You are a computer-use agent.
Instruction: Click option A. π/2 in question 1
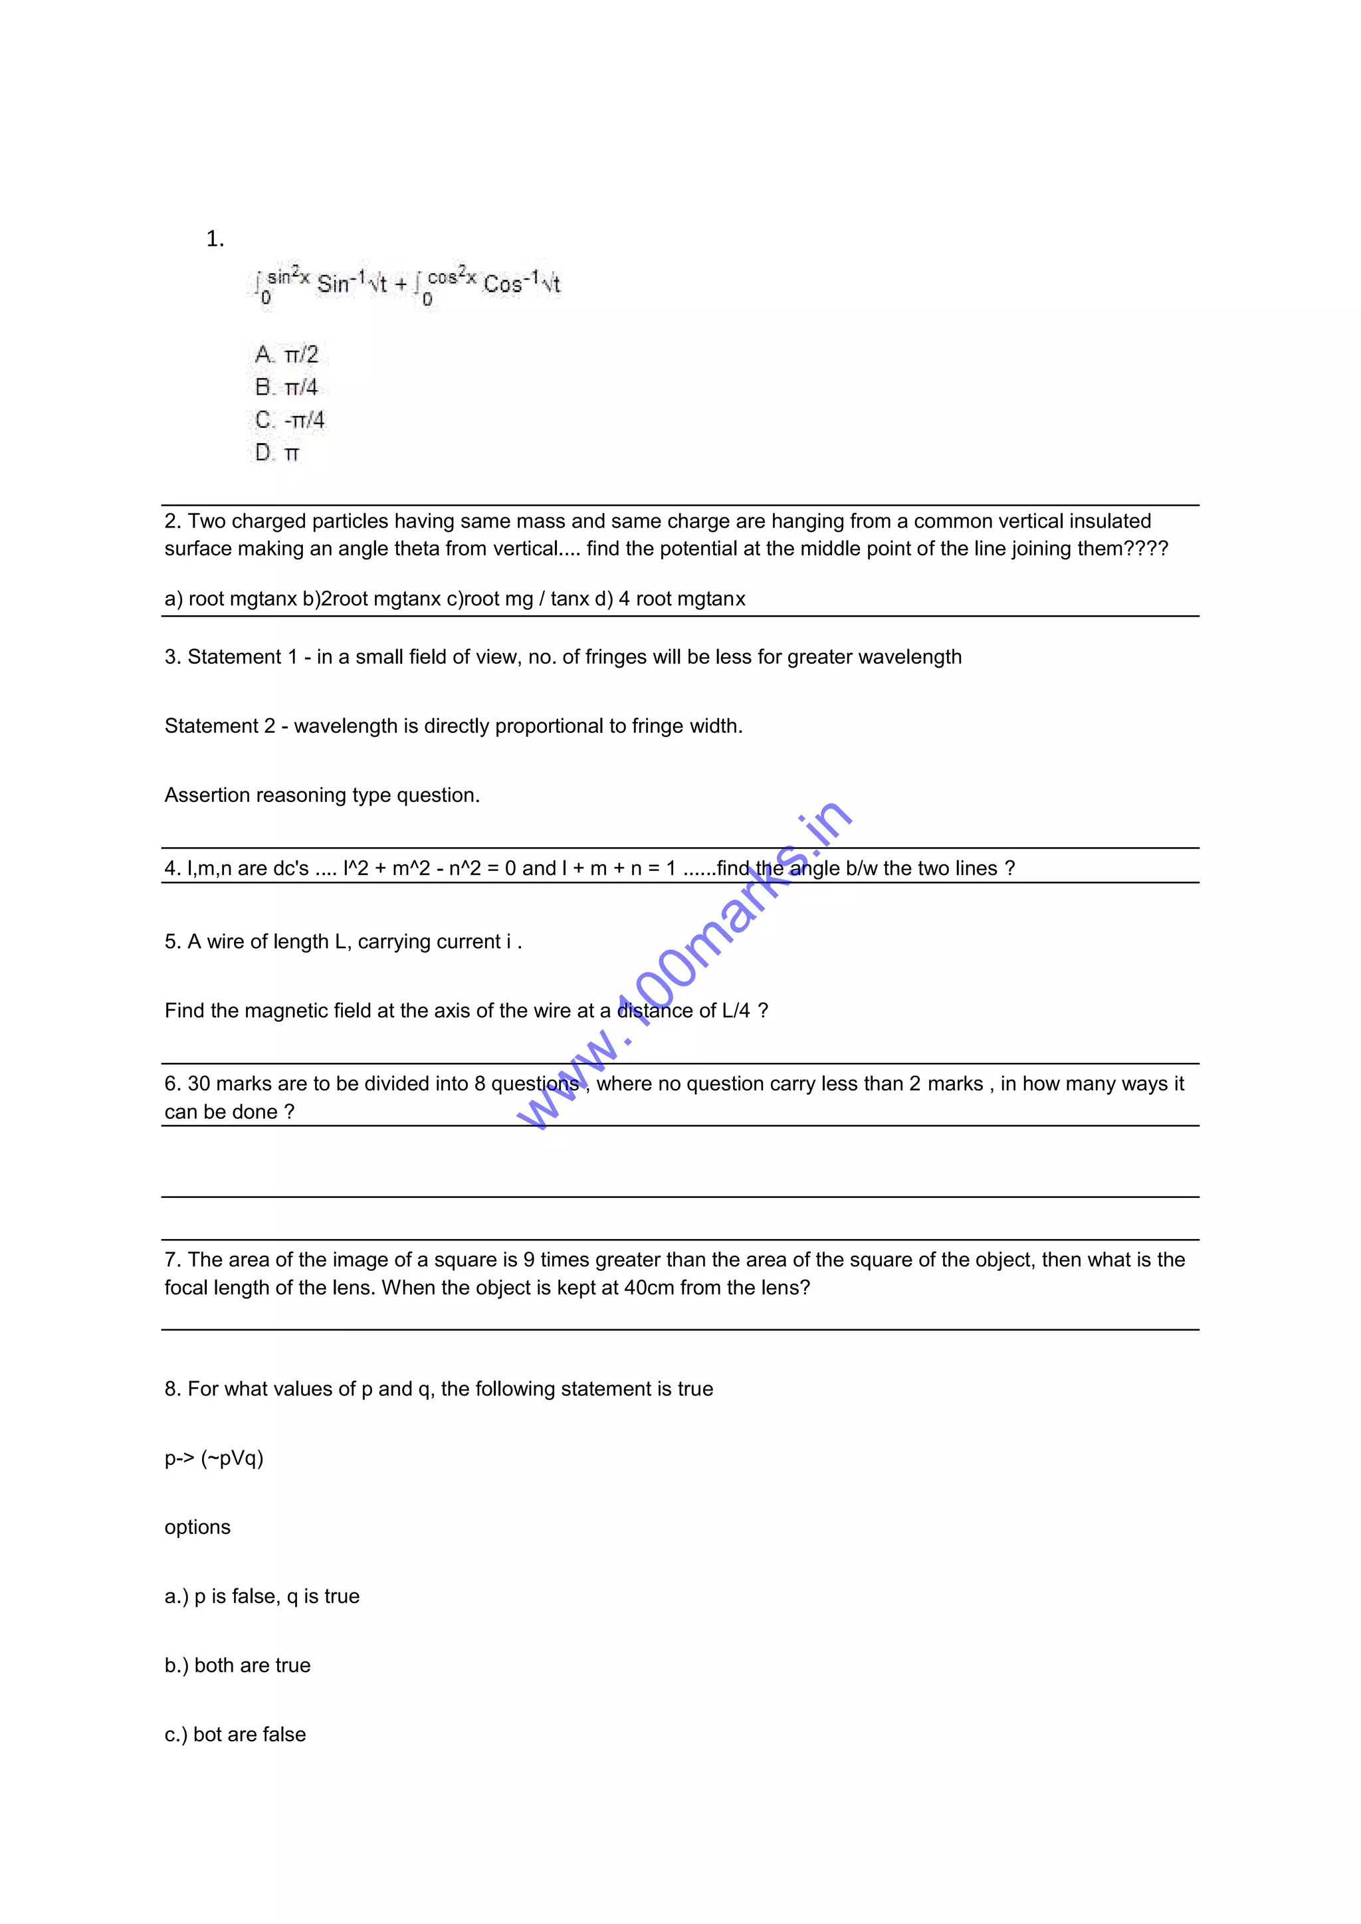coord(286,355)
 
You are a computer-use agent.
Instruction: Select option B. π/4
coord(286,387)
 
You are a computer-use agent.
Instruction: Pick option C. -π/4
coord(290,420)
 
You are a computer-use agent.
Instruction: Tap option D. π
coord(277,453)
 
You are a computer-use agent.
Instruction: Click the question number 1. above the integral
coord(215,240)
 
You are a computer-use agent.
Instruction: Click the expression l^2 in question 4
coord(356,869)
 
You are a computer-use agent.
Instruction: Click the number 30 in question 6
coord(199,1084)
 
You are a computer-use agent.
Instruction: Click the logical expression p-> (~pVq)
coord(214,1458)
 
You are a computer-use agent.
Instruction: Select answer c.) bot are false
coord(235,1735)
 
